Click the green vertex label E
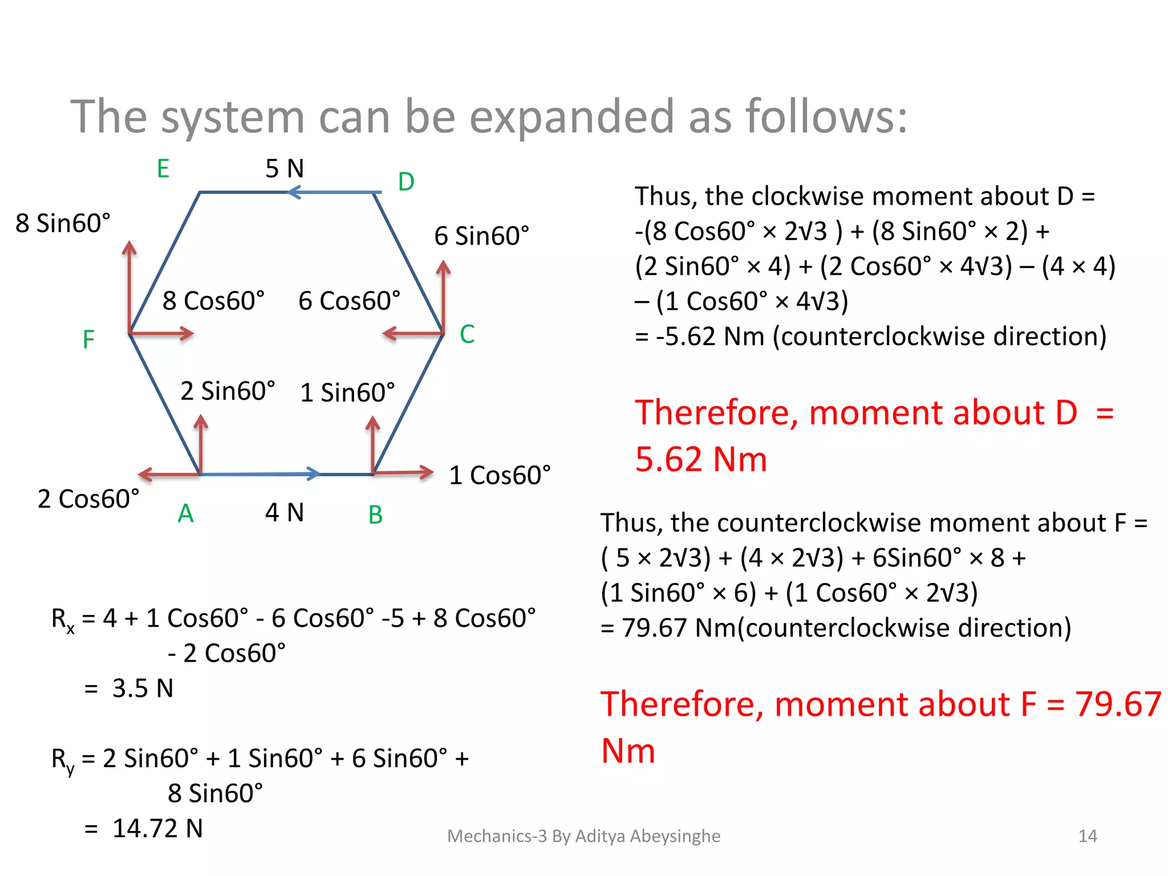(x=163, y=169)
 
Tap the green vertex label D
(x=405, y=182)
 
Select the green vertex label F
(x=88, y=340)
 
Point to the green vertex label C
(x=467, y=334)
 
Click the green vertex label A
(x=185, y=514)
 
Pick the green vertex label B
(x=375, y=515)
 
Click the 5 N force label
(x=285, y=169)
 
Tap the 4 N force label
(x=285, y=513)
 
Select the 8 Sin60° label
(x=63, y=223)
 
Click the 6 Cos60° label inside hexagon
(x=349, y=301)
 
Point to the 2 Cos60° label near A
(x=88, y=499)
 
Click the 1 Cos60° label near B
(x=500, y=475)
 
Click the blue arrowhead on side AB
(x=313, y=473)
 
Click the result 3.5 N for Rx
(x=143, y=688)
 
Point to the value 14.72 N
(x=157, y=828)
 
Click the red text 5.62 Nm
(x=701, y=460)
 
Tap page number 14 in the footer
(x=1088, y=836)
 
